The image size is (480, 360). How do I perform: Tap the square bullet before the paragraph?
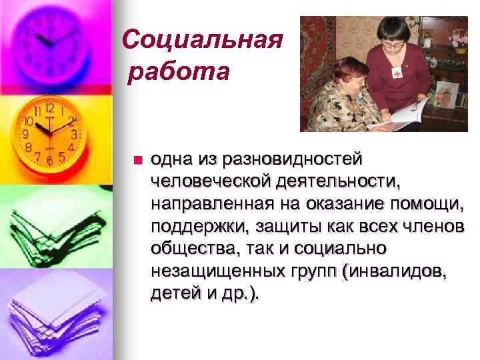(137, 160)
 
